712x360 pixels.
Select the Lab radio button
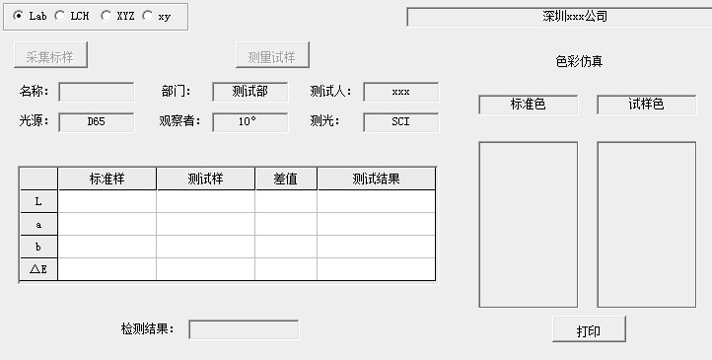point(19,16)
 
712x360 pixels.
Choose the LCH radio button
point(59,16)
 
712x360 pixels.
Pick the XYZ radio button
point(106,16)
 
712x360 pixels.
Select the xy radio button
point(148,16)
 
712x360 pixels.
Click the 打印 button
point(589,330)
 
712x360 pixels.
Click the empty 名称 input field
point(97,92)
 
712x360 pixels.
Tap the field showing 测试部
point(250,92)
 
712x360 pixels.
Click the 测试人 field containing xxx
point(400,92)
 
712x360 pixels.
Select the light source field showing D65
point(97,122)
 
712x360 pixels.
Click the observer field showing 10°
point(250,122)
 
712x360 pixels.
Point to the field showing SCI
point(400,122)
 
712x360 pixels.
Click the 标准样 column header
point(107,179)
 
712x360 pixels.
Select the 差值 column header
point(286,179)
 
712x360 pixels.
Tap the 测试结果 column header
point(376,179)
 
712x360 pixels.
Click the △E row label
point(38,268)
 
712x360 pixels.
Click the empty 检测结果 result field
point(244,329)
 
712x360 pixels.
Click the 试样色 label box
point(647,105)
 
